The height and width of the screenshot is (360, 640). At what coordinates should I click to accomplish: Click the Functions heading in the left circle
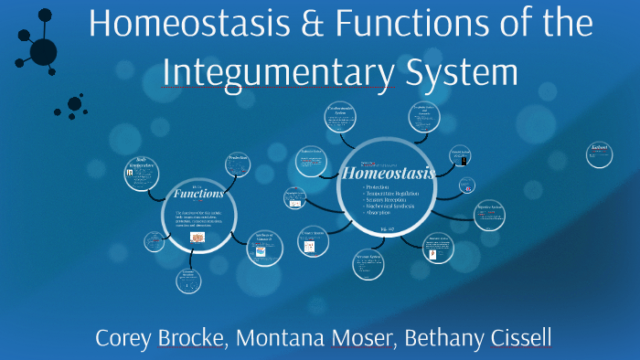198,194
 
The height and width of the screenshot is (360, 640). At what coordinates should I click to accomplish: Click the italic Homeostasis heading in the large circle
387,172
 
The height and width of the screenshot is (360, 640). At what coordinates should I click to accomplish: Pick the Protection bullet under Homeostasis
363,187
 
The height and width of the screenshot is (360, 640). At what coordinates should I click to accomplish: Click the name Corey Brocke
159,337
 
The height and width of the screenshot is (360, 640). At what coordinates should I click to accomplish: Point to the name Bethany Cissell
480,337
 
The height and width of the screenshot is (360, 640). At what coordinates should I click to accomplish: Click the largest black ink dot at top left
43,51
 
